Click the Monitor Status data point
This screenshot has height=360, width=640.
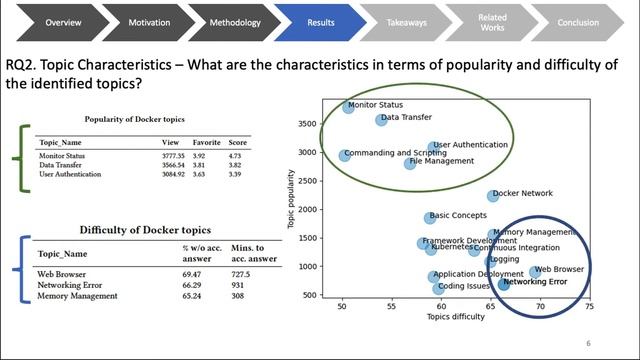pyautogui.click(x=348, y=107)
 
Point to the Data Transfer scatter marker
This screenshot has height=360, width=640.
pyautogui.click(x=381, y=120)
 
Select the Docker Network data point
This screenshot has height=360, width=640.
pyautogui.click(x=492, y=196)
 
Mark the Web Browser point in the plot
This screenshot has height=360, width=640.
pyautogui.click(x=536, y=271)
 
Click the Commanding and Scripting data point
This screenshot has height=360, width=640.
pyautogui.click(x=344, y=156)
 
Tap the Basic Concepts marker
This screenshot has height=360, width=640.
pyautogui.click(x=430, y=217)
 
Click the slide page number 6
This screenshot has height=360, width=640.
pyautogui.click(x=588, y=342)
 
